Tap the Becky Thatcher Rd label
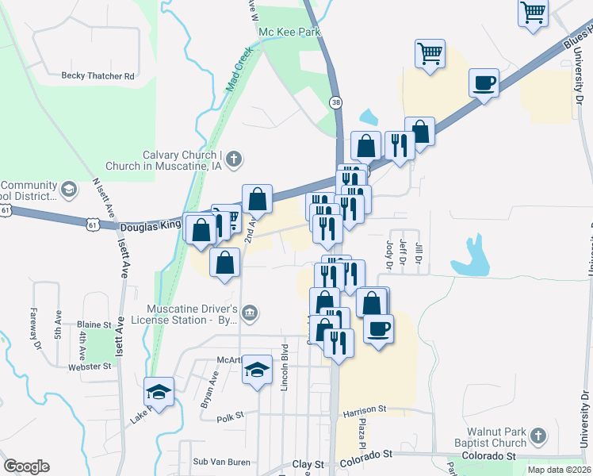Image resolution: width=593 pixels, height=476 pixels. [98, 76]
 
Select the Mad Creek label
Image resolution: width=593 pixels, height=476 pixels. [239, 71]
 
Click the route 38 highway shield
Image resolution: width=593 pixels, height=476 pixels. [337, 102]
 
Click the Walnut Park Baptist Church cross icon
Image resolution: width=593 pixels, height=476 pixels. [538, 436]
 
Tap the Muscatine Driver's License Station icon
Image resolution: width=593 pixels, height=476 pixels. [251, 313]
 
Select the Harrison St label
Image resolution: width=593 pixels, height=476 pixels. [364, 410]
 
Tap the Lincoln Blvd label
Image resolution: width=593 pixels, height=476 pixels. [284, 368]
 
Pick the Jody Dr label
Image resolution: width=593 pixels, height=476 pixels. [389, 251]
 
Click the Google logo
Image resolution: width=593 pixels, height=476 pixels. [26, 466]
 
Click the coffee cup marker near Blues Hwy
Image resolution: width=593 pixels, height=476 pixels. [484, 83]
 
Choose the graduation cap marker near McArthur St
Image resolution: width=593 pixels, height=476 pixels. [257, 369]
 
